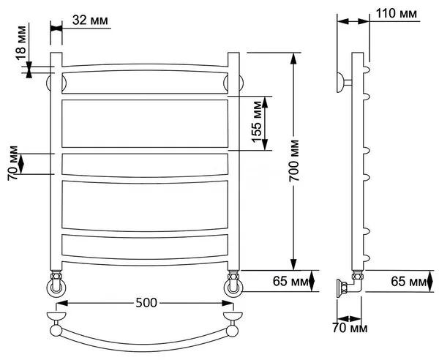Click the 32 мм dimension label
[90, 20]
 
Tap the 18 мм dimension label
[21, 43]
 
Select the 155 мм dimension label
[257, 121]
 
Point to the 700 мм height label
[294, 160]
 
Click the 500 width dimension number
[146, 303]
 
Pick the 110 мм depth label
[396, 13]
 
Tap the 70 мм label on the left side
[13, 163]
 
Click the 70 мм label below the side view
[350, 328]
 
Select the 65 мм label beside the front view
[290, 281]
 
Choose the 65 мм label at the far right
[408, 281]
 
